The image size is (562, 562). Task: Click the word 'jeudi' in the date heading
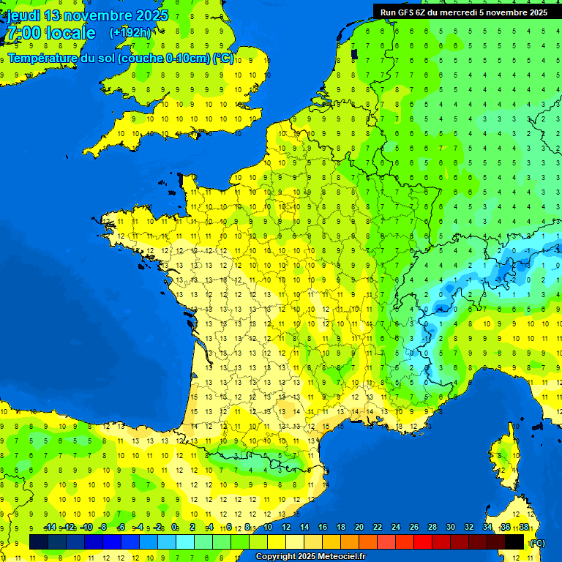coord(23,15)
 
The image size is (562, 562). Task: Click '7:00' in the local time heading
coord(23,33)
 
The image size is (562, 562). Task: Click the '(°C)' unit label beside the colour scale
coord(537,543)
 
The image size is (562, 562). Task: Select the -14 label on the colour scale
coord(50,528)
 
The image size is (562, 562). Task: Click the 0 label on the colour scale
coord(174,528)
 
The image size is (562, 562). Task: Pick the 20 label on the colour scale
coord(359,528)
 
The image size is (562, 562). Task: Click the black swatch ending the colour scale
coord(514,542)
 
